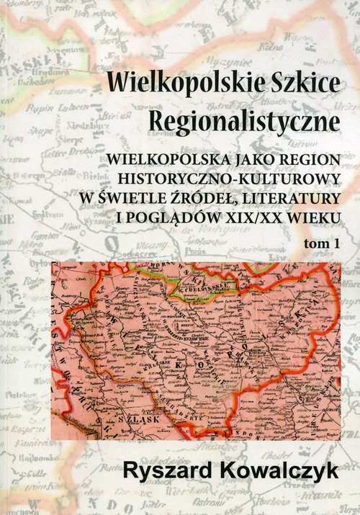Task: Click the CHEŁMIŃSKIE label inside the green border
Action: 202,292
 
